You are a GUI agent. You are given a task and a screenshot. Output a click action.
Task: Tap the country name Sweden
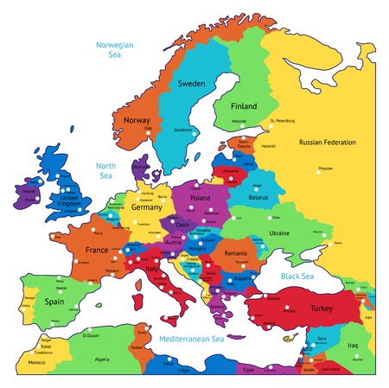click(191, 84)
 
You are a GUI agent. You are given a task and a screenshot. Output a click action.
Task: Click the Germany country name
click(147, 207)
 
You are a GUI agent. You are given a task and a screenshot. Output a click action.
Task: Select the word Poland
click(200, 198)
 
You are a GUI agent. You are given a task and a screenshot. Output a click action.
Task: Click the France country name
click(96, 250)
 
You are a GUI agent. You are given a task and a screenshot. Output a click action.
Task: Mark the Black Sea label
click(297, 277)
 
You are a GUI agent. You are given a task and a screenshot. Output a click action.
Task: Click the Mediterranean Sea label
click(191, 340)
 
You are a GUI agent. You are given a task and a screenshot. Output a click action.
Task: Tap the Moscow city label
click(325, 168)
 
